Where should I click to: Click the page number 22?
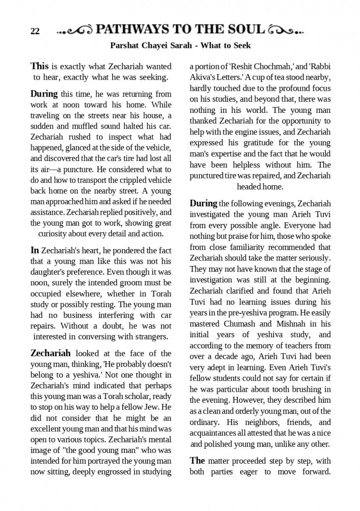tap(35, 31)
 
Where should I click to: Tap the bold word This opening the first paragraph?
tap(40, 66)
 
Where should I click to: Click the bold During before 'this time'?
tap(44, 94)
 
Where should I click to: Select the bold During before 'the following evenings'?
tap(203, 203)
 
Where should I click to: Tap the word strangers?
tap(149, 337)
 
